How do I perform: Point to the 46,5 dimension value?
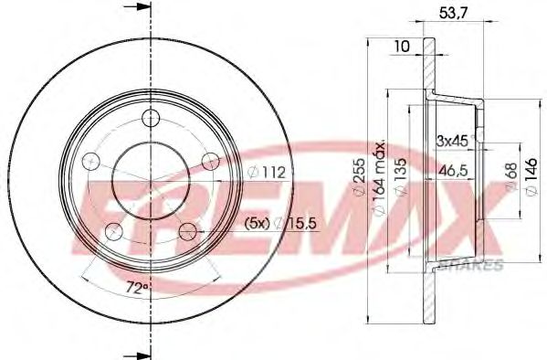tap(451, 170)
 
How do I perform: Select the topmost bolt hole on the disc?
tap(152, 117)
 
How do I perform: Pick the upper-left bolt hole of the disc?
tap(89, 162)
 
